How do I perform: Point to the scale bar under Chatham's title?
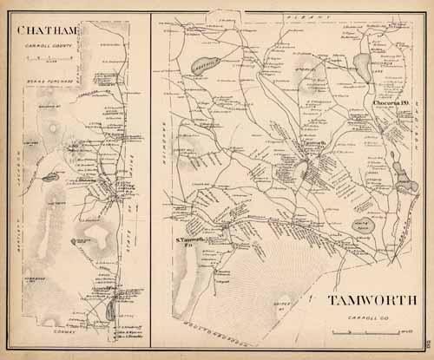40,57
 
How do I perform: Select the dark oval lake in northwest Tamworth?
198,65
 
